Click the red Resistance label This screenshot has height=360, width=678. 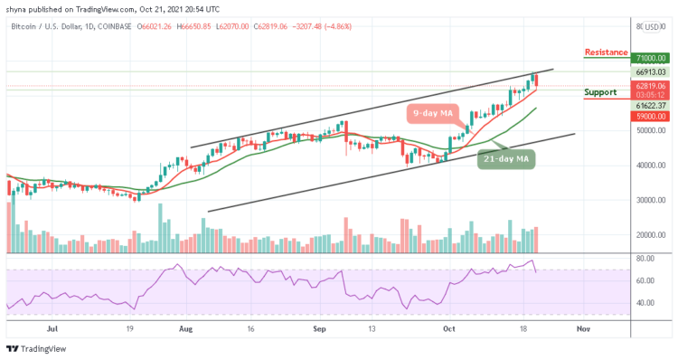[607, 52]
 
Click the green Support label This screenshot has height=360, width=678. [600, 92]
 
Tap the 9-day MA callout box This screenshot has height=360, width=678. [432, 113]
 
